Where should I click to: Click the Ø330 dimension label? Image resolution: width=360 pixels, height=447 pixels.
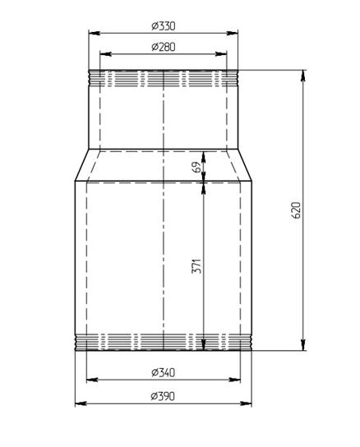164,26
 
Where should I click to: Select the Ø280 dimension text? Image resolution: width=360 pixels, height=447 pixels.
164,47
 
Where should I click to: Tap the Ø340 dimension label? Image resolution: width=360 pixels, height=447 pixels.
164,372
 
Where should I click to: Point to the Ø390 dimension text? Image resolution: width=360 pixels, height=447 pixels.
163,396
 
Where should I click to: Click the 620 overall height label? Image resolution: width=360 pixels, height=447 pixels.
297,210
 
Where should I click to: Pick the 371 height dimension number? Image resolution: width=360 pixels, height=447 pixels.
196,266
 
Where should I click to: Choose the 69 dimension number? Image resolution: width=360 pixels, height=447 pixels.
196,167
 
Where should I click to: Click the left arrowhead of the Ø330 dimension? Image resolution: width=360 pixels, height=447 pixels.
95,33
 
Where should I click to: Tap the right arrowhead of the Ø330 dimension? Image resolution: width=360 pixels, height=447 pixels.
233,33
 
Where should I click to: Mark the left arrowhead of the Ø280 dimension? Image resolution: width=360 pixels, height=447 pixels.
105,54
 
